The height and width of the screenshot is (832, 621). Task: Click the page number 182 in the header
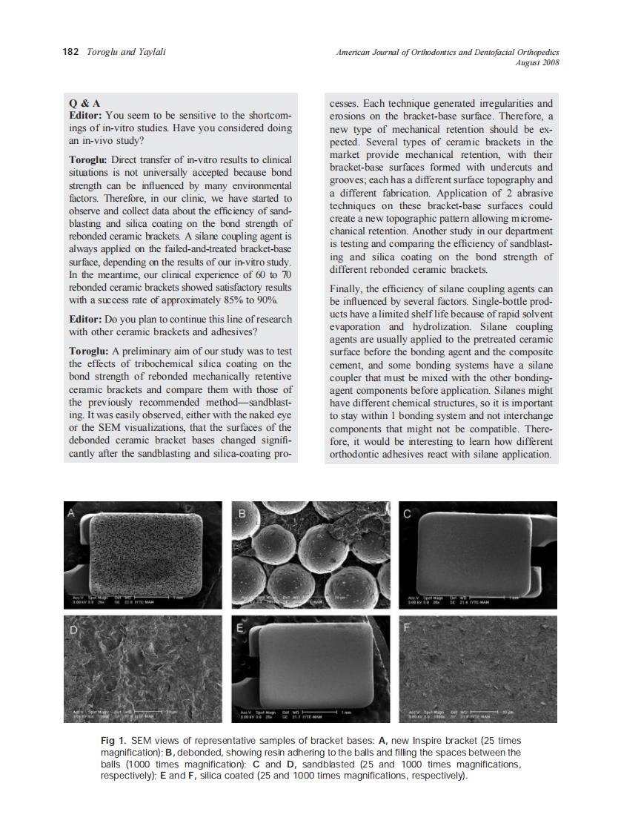[x=70, y=52]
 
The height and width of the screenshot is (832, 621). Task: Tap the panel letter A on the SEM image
[x=71, y=512]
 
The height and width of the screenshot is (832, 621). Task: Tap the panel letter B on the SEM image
[x=242, y=512]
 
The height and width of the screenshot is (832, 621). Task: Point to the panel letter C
[x=407, y=513]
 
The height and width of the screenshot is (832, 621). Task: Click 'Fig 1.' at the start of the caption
[x=113, y=741]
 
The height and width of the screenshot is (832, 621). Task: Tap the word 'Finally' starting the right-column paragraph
[x=346, y=289]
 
